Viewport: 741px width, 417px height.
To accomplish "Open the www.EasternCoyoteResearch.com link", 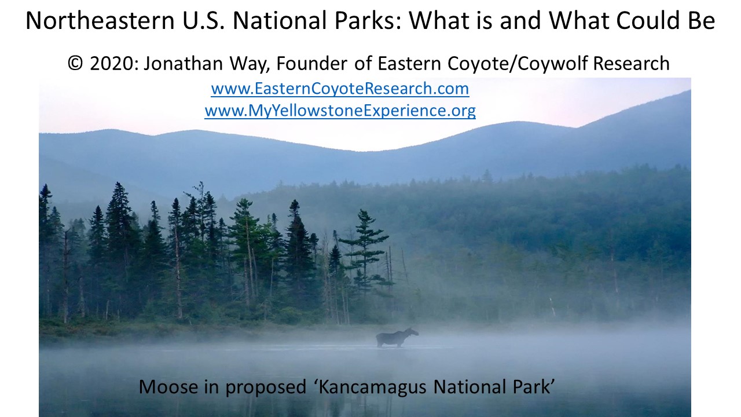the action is tap(340, 89).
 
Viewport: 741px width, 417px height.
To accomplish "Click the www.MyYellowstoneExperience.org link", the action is tap(340, 111).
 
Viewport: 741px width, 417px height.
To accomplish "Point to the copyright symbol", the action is tap(75, 63).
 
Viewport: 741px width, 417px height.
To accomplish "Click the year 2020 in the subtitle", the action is tap(112, 63).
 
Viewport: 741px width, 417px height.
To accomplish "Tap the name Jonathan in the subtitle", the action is tap(184, 63).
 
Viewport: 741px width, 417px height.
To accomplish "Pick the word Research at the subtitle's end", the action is tap(631, 63).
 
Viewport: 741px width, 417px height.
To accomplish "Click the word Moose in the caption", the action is tap(168, 386).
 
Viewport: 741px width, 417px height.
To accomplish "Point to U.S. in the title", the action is tap(203, 20).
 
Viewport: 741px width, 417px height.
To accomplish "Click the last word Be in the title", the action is tap(702, 20).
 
